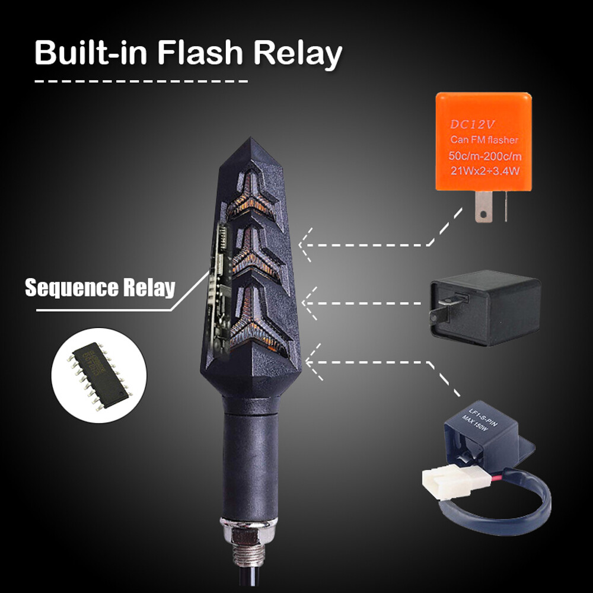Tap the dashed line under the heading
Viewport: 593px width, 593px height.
coord(141,81)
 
